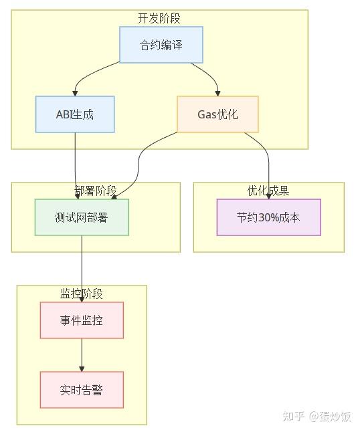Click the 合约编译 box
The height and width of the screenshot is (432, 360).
point(161,45)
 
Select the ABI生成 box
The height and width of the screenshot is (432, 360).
point(75,114)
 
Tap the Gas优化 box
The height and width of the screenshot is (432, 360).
point(217,114)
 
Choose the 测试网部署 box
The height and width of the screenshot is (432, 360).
point(82,217)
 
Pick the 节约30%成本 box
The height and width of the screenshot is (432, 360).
point(268,217)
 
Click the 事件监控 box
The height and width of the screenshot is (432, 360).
point(82,320)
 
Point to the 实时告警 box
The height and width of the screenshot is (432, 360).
point(82,390)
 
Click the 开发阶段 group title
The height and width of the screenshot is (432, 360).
point(159,18)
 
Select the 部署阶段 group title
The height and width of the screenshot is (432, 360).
point(96,191)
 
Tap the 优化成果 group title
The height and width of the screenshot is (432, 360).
point(268,191)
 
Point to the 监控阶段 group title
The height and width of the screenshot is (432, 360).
point(82,294)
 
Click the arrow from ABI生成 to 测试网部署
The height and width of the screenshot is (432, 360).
point(76,167)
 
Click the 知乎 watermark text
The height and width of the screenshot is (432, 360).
point(294,417)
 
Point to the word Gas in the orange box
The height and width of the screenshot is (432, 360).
point(207,114)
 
